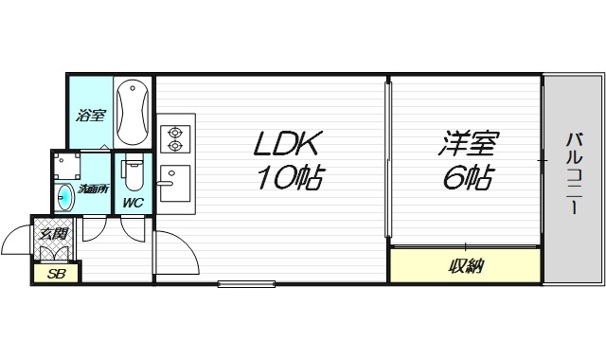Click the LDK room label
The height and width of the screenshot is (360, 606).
tap(287, 144)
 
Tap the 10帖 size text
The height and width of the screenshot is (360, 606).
tap(287, 177)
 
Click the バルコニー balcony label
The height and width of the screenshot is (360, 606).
tap(574, 177)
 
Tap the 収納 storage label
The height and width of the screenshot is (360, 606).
tap(465, 266)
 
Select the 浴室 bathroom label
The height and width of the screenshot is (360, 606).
tap(90, 117)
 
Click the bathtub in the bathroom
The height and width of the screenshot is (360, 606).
tap(134, 112)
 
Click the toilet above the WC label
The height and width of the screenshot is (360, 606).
tap(134, 176)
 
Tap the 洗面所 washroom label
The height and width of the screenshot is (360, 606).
tap(93, 189)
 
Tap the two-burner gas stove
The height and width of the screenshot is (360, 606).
tap(174, 140)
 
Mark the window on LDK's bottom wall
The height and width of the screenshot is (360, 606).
tap(246, 282)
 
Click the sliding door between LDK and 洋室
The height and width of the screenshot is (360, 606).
tap(386, 161)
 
